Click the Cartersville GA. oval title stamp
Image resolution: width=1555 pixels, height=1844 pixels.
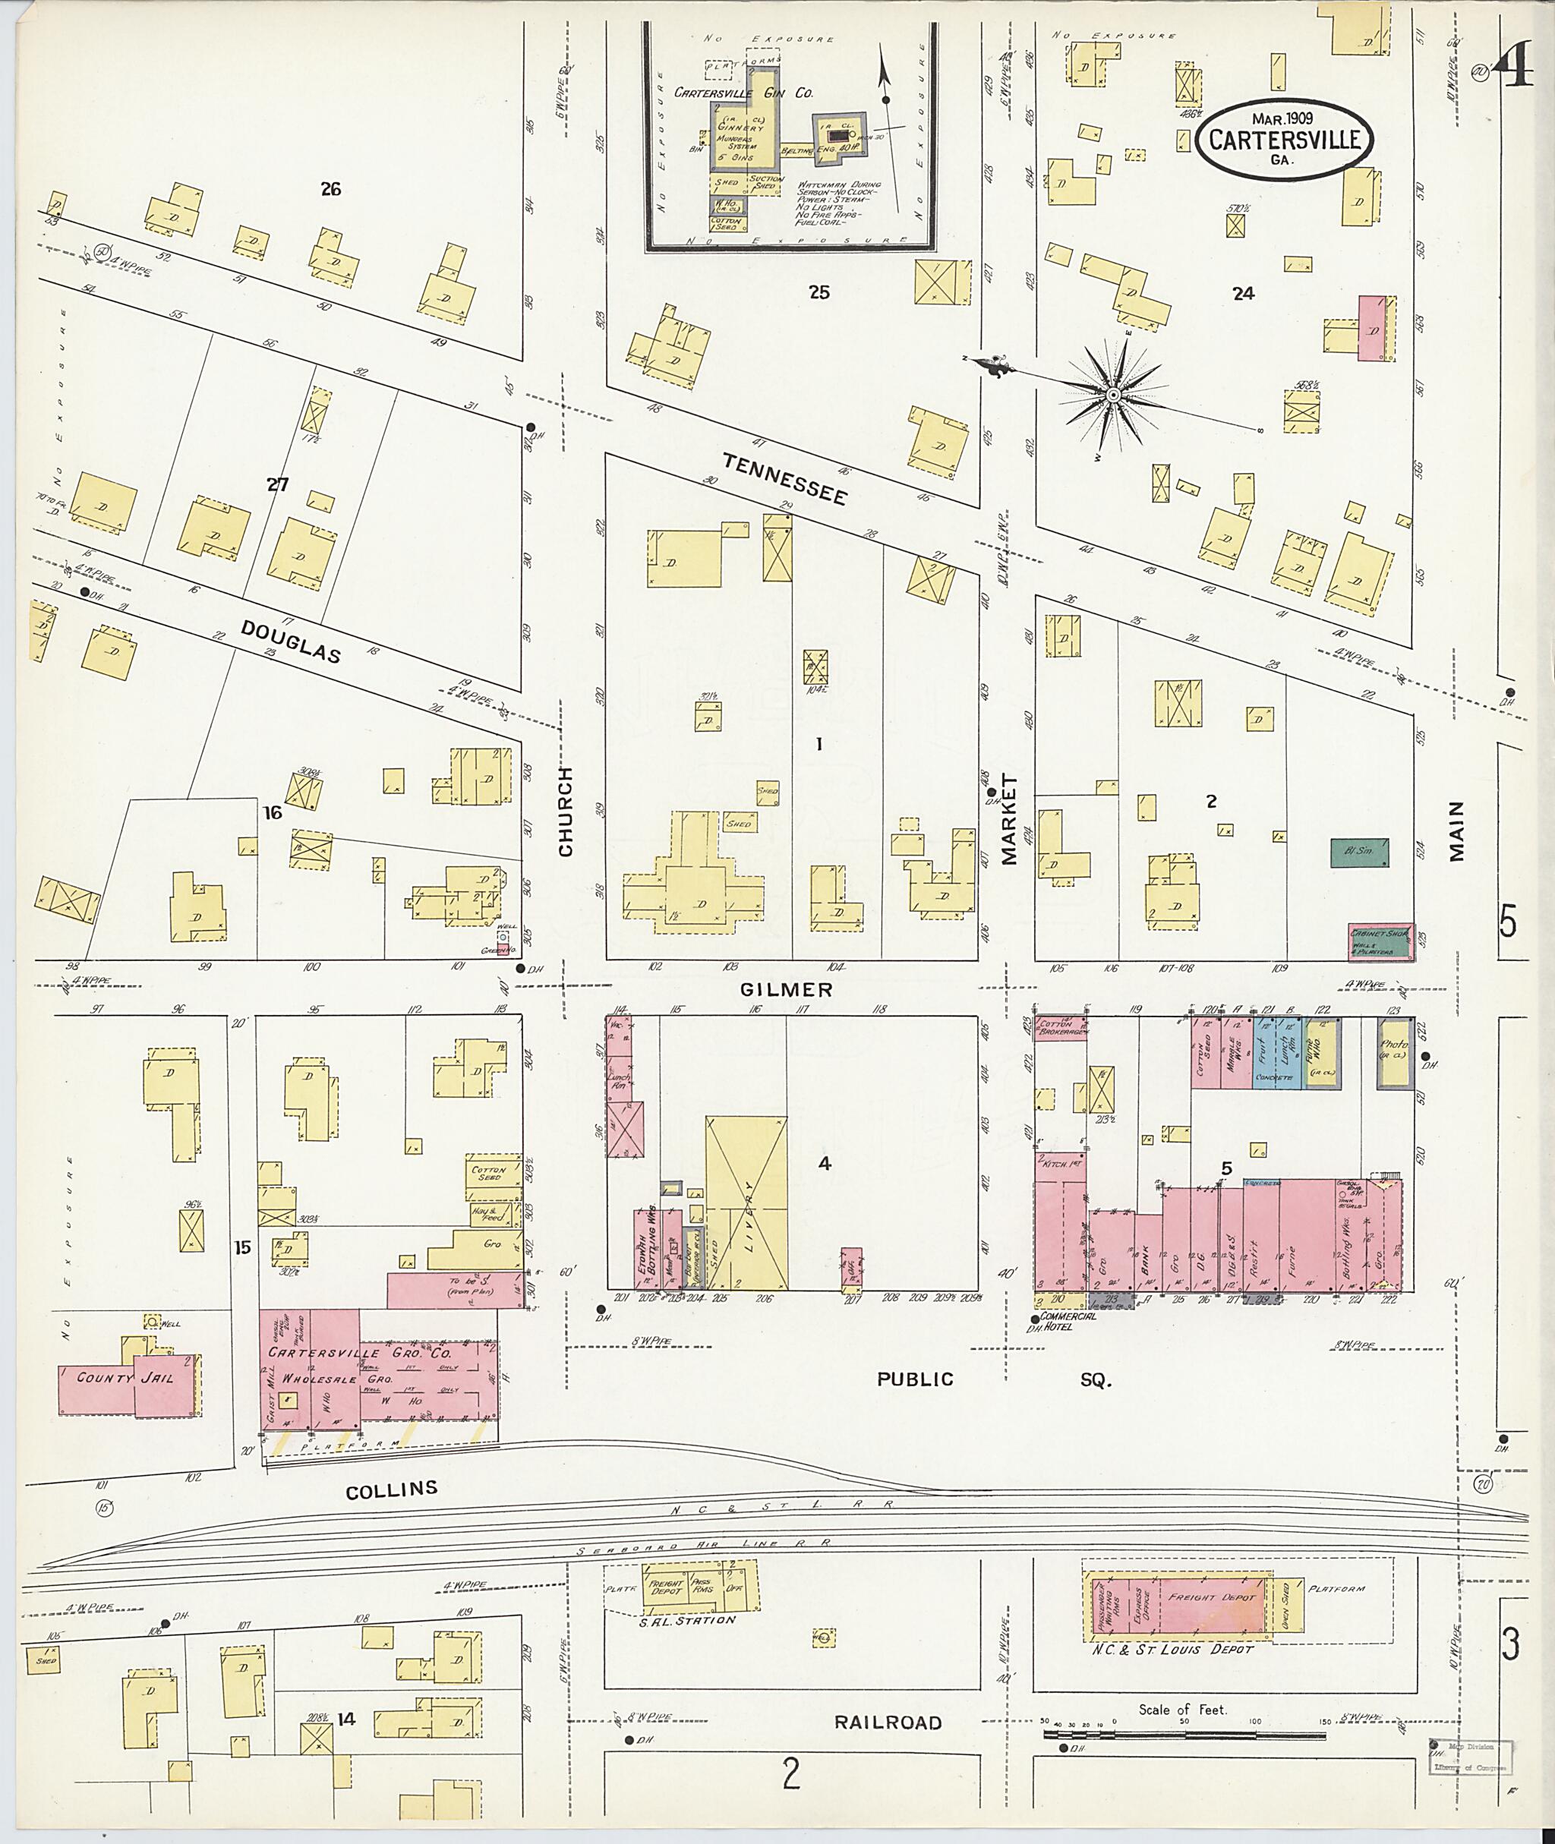[1282, 139]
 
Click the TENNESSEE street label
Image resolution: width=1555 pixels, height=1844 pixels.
[784, 478]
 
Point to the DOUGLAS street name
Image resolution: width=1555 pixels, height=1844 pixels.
[291, 639]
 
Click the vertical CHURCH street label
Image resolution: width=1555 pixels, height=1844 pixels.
[565, 811]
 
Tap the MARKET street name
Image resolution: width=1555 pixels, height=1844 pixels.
[1008, 820]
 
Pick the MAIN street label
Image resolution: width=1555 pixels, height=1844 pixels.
[1456, 831]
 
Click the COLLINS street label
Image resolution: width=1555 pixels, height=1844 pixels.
[391, 1489]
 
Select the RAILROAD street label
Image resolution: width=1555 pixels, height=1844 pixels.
[888, 1723]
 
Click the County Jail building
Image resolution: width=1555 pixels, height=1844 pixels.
[126, 1379]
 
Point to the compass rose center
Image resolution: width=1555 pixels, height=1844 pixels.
[1113, 396]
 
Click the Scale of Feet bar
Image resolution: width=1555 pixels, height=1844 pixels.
[1184, 1733]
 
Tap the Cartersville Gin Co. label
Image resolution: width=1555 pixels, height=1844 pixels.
[743, 93]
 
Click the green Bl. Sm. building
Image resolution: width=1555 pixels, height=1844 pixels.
[1358, 852]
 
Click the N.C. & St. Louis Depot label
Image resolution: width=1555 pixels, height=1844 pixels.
[1172, 1648]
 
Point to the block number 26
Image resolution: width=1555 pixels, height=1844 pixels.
[330, 188]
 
